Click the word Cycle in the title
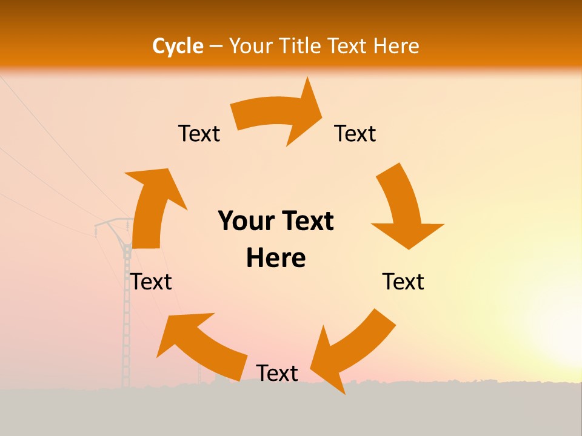click(x=178, y=46)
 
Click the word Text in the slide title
click(x=348, y=46)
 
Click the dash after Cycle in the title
click(x=216, y=47)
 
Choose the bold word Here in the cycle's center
click(x=276, y=259)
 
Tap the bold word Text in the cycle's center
click(x=305, y=222)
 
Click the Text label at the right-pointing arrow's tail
click(x=199, y=133)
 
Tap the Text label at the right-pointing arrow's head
click(x=355, y=133)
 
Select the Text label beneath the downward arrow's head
click(x=403, y=282)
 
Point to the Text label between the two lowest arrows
click(x=277, y=373)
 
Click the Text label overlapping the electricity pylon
click(x=151, y=282)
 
